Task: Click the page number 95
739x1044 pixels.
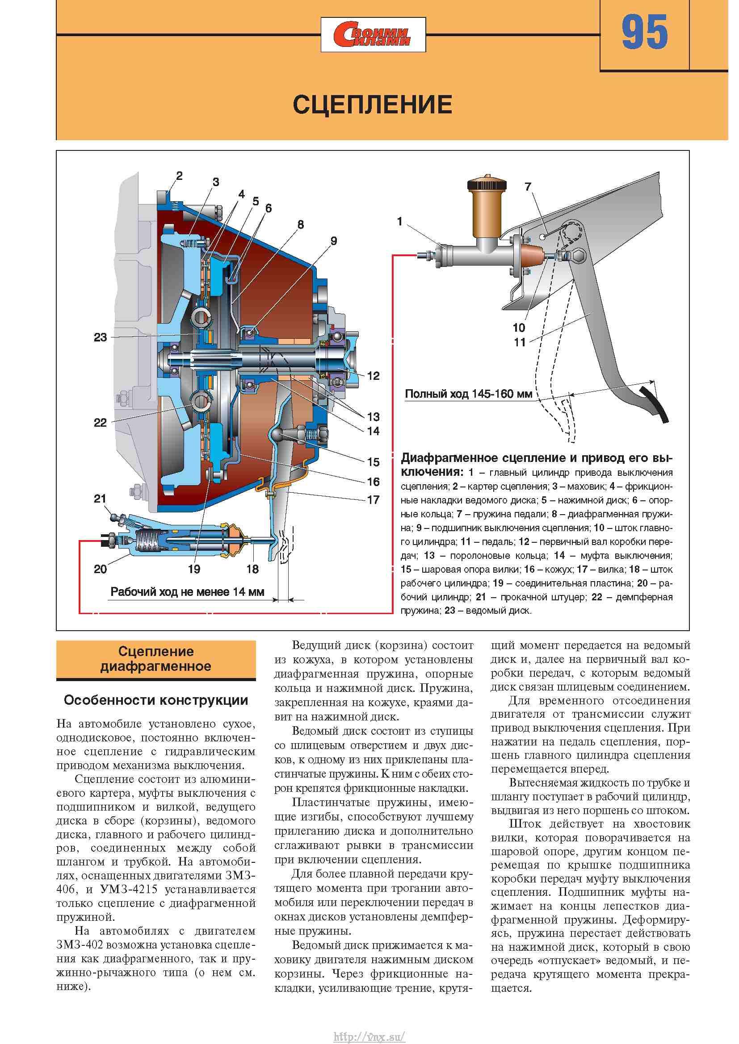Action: pyautogui.click(x=645, y=33)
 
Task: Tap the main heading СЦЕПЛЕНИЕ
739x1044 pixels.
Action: pyautogui.click(x=373, y=104)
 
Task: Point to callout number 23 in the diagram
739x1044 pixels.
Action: pyautogui.click(x=100, y=337)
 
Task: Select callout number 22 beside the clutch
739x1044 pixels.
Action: pyautogui.click(x=100, y=422)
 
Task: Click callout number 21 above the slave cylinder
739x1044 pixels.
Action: pyautogui.click(x=100, y=499)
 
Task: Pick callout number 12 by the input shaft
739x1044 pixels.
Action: pyautogui.click(x=373, y=375)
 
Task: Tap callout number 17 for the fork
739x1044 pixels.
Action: pyautogui.click(x=373, y=500)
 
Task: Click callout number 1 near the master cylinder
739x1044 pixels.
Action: pyautogui.click(x=399, y=222)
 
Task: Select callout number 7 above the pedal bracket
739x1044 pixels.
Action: pyautogui.click(x=528, y=187)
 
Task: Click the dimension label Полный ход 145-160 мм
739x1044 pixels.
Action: pyautogui.click(x=469, y=394)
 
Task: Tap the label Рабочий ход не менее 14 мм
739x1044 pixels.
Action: pyautogui.click(x=187, y=592)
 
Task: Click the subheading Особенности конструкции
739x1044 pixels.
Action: pyautogui.click(x=156, y=700)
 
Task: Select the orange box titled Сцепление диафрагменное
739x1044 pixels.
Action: pyautogui.click(x=156, y=659)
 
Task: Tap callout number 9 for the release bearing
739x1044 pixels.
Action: pyautogui.click(x=334, y=241)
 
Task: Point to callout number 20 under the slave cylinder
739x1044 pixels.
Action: pyautogui.click(x=100, y=569)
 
